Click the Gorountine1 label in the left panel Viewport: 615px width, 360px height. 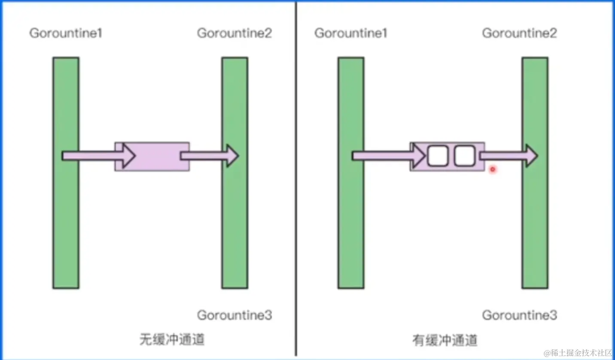click(x=66, y=33)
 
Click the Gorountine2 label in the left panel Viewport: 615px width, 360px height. click(x=234, y=33)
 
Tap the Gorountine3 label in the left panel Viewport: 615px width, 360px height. click(x=234, y=315)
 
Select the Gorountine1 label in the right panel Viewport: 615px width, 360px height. click(x=351, y=33)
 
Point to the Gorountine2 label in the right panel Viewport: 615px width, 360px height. click(x=519, y=33)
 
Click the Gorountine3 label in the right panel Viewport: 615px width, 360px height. click(x=519, y=315)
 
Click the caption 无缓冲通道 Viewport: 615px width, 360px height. click(x=172, y=340)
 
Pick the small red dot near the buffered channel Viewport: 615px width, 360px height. click(x=493, y=169)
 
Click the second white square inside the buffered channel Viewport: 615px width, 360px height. click(x=464, y=156)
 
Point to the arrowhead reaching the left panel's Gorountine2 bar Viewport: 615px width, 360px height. click(x=232, y=156)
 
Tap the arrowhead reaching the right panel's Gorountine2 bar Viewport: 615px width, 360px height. click(x=532, y=156)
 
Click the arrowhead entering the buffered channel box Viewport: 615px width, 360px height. click(x=419, y=156)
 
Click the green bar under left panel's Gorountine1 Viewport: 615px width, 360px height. click(x=66, y=223)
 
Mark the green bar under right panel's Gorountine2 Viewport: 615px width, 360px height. click(x=535, y=223)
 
